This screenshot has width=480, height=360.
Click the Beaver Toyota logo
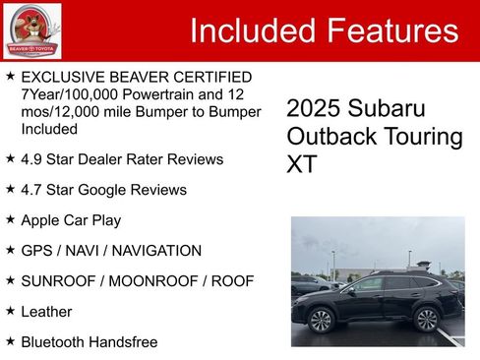click(x=31, y=30)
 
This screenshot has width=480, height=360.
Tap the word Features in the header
click(x=390, y=30)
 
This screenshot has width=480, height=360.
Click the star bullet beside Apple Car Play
click(x=10, y=219)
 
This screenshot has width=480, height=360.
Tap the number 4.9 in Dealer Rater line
click(x=33, y=158)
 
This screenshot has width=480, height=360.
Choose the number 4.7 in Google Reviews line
click(x=33, y=189)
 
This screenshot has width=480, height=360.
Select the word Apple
click(x=42, y=219)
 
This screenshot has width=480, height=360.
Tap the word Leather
click(x=46, y=312)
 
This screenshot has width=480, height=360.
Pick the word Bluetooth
click(x=55, y=342)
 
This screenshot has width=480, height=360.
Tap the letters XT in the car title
click(x=302, y=164)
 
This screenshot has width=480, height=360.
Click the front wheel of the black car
click(x=322, y=320)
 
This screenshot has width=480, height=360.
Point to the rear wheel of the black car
click(x=426, y=319)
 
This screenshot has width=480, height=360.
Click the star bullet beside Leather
click(x=10, y=312)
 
